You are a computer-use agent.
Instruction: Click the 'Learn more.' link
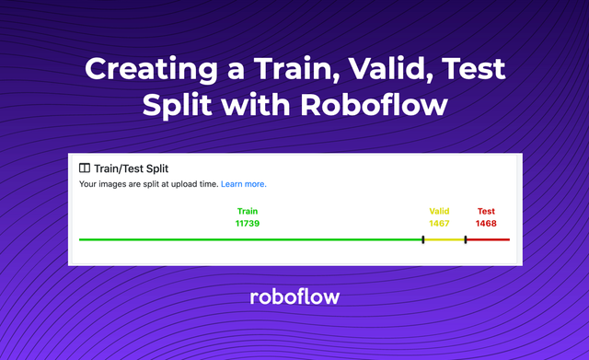pos(243,184)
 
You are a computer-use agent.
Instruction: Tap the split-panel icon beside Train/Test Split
pos(85,168)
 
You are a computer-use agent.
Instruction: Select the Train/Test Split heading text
pos(137,168)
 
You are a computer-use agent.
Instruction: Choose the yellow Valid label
pos(439,211)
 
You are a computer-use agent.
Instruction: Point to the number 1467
pos(439,223)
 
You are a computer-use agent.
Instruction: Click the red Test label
pos(486,211)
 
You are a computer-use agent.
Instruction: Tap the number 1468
pos(486,223)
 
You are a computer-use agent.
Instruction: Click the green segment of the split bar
pos(248,239)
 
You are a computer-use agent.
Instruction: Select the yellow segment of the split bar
pos(444,239)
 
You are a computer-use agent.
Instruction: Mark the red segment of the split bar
pos(488,239)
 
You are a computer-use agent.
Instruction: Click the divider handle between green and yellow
pos(422,239)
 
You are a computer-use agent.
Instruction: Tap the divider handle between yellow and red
pos(465,239)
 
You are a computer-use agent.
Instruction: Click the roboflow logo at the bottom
pos(294,296)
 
